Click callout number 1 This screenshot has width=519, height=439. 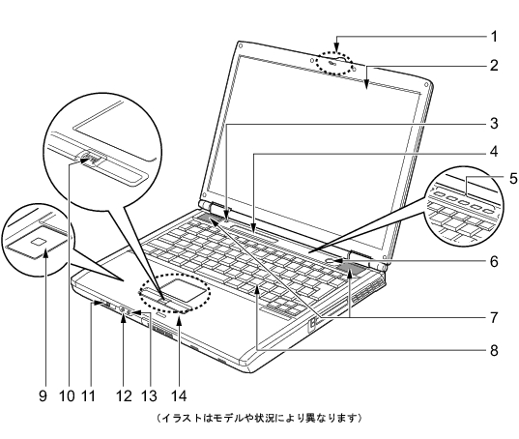tap(494, 37)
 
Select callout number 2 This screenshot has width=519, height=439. tap(494, 65)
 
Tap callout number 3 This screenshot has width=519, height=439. tap(494, 123)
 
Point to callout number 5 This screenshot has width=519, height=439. tap(513, 179)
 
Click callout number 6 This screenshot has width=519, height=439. tap(494, 261)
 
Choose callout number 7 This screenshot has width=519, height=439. tap(494, 317)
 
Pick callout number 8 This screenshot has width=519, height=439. tap(494, 350)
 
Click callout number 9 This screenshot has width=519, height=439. tap(43, 395)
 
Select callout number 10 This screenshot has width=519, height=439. tap(68, 395)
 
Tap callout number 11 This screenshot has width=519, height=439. tap(88, 395)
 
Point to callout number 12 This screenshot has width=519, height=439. tap(125, 395)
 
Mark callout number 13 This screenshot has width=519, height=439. tap(149, 395)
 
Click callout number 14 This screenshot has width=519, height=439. tap(179, 395)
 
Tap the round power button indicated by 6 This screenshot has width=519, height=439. tap(332, 260)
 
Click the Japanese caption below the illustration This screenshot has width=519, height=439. tap(259, 418)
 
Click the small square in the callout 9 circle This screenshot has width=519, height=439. tap(38, 242)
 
